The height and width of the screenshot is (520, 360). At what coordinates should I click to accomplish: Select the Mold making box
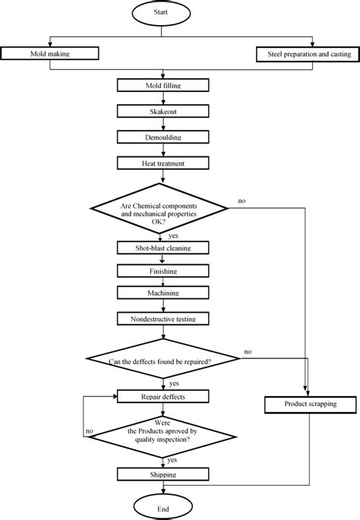point(50,54)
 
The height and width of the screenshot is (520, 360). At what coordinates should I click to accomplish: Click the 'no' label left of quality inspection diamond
point(90,430)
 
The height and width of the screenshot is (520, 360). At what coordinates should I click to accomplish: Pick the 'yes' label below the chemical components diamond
point(174,236)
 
